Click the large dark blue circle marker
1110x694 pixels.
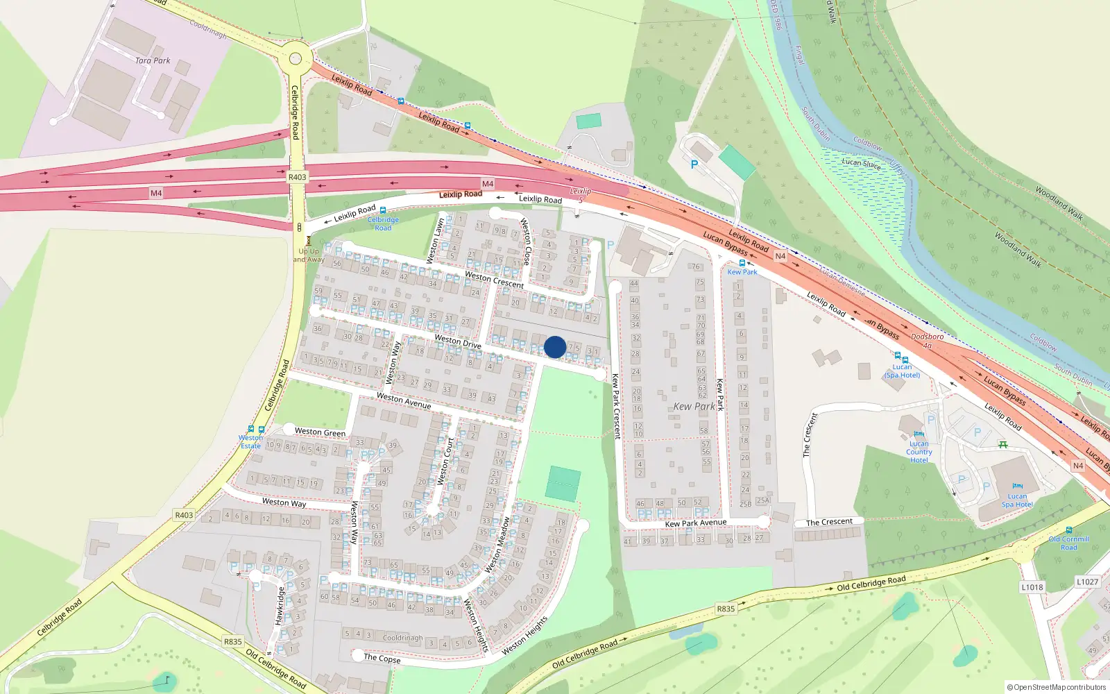pos(555,347)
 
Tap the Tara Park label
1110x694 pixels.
pos(153,60)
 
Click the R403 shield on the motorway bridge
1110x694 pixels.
pos(297,177)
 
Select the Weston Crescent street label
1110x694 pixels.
pos(494,280)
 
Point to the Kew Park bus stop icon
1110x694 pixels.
pos(742,263)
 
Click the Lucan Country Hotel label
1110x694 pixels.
pos(919,452)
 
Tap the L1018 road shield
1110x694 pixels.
pos(1032,587)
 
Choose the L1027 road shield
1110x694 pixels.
pos(1088,582)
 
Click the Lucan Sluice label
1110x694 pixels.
pos(861,164)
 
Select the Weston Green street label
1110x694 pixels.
pos(320,432)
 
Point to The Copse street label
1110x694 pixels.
pos(382,658)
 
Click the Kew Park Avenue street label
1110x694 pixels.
pos(696,523)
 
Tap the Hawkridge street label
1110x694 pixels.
pos(280,606)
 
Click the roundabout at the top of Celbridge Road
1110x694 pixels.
pos(296,58)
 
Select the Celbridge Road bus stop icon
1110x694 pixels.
pos(383,210)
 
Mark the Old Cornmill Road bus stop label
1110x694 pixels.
pos(1068,543)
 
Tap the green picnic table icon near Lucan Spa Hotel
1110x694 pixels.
pos(1002,444)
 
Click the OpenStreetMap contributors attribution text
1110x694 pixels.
pos(1059,687)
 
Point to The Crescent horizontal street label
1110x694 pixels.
pos(829,522)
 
